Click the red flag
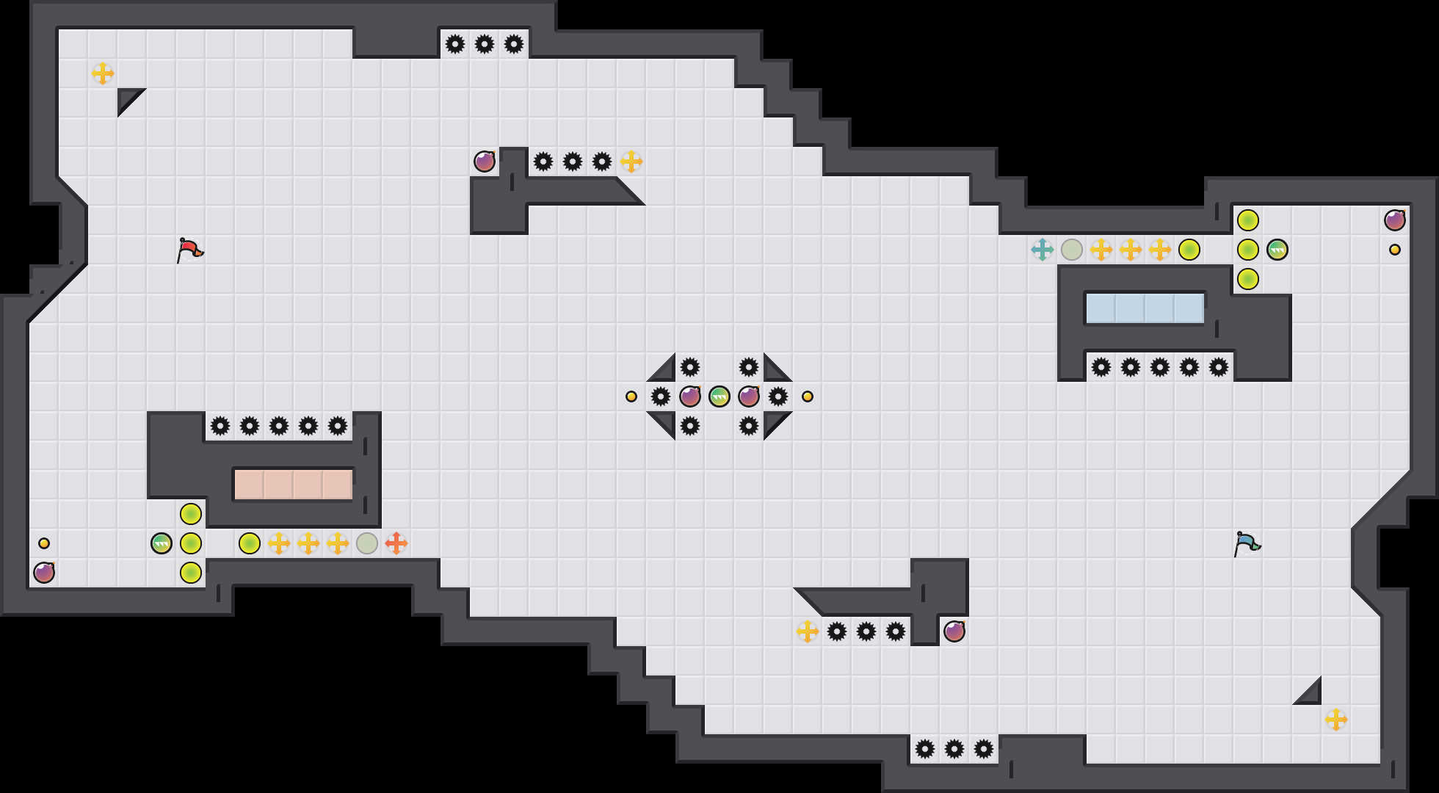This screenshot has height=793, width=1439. tap(189, 250)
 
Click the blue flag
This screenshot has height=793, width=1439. tap(1246, 543)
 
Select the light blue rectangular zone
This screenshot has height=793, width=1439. tap(1145, 308)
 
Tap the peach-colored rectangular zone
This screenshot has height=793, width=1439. tap(293, 485)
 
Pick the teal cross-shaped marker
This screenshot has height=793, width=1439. tap(1042, 250)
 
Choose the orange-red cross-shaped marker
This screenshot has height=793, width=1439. tap(396, 543)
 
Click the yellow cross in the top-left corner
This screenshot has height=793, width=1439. tap(103, 73)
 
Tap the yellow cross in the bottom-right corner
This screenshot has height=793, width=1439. tap(1336, 720)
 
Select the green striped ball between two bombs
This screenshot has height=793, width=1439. tap(719, 396)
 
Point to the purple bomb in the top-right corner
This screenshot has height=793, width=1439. tap(1395, 220)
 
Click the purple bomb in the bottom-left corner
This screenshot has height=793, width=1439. tap(44, 573)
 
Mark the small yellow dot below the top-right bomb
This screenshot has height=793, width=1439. tap(1395, 250)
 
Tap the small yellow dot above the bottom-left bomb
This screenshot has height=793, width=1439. tap(44, 543)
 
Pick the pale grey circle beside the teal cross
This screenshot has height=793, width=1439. tap(1072, 250)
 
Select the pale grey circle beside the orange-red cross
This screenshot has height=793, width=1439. tap(367, 543)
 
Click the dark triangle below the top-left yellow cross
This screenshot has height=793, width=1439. tap(128, 98)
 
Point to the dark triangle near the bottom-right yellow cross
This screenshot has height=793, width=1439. tap(1311, 695)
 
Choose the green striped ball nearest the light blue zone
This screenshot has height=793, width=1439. tap(1277, 250)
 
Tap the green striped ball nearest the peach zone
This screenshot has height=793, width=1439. tap(162, 543)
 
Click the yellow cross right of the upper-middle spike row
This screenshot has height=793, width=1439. tap(631, 162)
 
